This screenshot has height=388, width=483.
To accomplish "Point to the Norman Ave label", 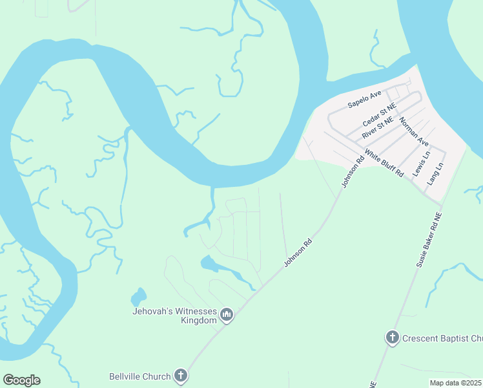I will click(x=414, y=131).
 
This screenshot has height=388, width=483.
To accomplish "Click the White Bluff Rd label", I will click(x=384, y=164).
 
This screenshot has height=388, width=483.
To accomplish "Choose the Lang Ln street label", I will click(x=437, y=175).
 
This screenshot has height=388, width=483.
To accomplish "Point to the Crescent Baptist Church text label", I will click(x=442, y=338).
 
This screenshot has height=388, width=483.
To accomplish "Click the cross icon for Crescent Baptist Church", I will click(x=391, y=338).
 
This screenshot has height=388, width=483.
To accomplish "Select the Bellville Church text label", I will click(x=139, y=376).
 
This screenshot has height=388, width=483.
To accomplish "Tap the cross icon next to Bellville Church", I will click(x=181, y=376).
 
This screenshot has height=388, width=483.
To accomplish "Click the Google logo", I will click(x=21, y=380).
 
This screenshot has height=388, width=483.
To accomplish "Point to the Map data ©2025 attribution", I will click(x=455, y=383).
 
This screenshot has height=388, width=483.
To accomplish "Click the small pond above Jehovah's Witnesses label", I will click(x=138, y=297).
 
